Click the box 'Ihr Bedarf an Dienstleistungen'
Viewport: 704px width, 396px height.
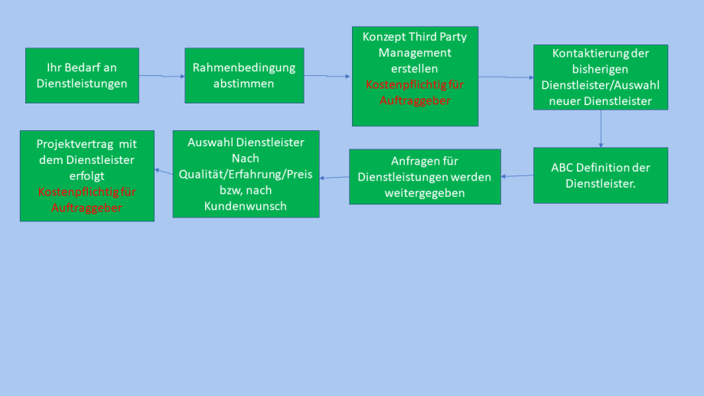[82, 75]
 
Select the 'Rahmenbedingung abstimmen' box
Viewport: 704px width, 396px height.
[244, 75]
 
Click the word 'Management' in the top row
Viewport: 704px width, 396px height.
[415, 53]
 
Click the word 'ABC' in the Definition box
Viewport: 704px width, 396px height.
[562, 167]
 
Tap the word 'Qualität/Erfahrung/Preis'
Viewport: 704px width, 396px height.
[246, 174]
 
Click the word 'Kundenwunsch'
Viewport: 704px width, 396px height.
[246, 206]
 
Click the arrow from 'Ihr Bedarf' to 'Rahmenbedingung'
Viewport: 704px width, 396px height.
[161, 76]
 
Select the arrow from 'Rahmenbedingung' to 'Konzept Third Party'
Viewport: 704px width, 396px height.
[328, 76]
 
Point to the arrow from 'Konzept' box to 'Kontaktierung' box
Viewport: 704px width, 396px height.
[506, 77]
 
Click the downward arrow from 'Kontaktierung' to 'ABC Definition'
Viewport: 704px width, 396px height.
[601, 129]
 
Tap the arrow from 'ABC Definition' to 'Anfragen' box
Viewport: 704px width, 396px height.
[517, 176]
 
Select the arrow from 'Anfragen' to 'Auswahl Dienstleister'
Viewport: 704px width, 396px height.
[334, 178]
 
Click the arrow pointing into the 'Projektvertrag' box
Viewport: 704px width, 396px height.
[164, 172]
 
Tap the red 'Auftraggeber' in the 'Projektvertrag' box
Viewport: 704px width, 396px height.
[86, 208]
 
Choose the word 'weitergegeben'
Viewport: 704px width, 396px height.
[425, 193]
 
